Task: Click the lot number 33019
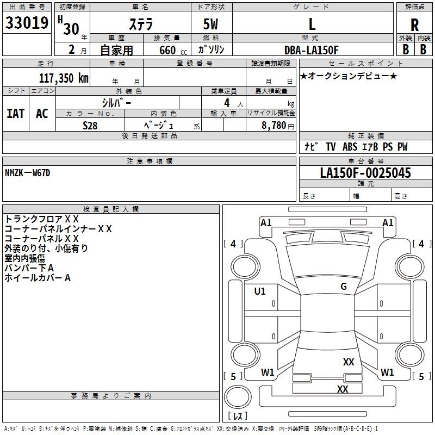27,23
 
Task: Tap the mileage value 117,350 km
64,78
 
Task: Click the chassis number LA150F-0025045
365,173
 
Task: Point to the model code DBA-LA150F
311,50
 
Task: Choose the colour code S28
90,126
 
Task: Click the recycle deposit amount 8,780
274,126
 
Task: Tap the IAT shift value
16,114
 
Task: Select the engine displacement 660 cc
173,51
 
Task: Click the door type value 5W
210,24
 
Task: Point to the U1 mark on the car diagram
260,291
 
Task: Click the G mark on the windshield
344,286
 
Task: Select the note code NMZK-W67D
28,173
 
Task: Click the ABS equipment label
350,147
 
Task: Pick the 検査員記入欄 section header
111,209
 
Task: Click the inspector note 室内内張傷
24,258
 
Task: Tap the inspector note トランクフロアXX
42,219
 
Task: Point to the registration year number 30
71,29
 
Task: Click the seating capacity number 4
227,103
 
